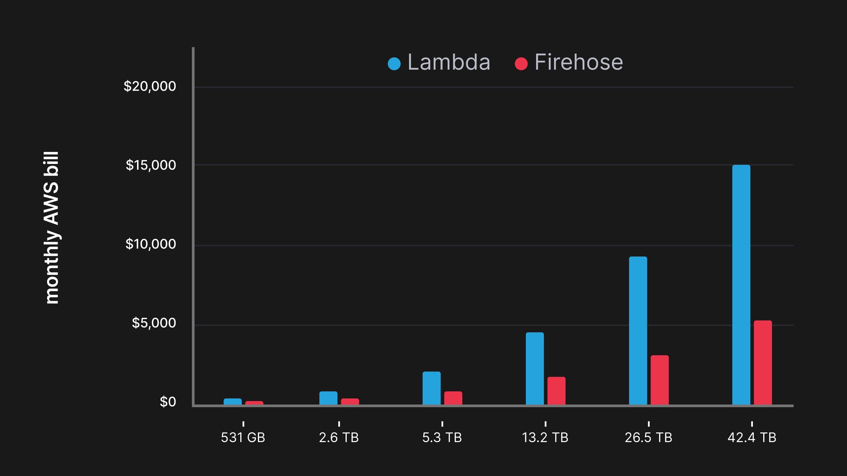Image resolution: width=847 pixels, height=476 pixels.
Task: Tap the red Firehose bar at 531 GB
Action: pyautogui.click(x=254, y=403)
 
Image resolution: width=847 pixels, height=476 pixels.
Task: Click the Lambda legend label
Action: pyautogui.click(x=449, y=62)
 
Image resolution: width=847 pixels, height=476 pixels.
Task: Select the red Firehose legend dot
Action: pyautogui.click(x=521, y=64)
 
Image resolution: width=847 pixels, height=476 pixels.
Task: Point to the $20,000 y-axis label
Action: pyautogui.click(x=150, y=86)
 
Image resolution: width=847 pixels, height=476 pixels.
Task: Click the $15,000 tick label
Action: pyautogui.click(x=151, y=165)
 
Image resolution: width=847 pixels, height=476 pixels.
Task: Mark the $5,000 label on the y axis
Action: pyautogui.click(x=154, y=323)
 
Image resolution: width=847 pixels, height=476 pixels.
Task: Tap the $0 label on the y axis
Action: pyautogui.click(x=168, y=402)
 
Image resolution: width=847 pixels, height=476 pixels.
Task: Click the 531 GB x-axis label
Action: pyautogui.click(x=243, y=438)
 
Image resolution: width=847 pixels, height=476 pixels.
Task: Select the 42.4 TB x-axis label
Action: pyautogui.click(x=752, y=438)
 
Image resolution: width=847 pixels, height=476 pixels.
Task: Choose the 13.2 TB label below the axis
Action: pyautogui.click(x=545, y=438)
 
